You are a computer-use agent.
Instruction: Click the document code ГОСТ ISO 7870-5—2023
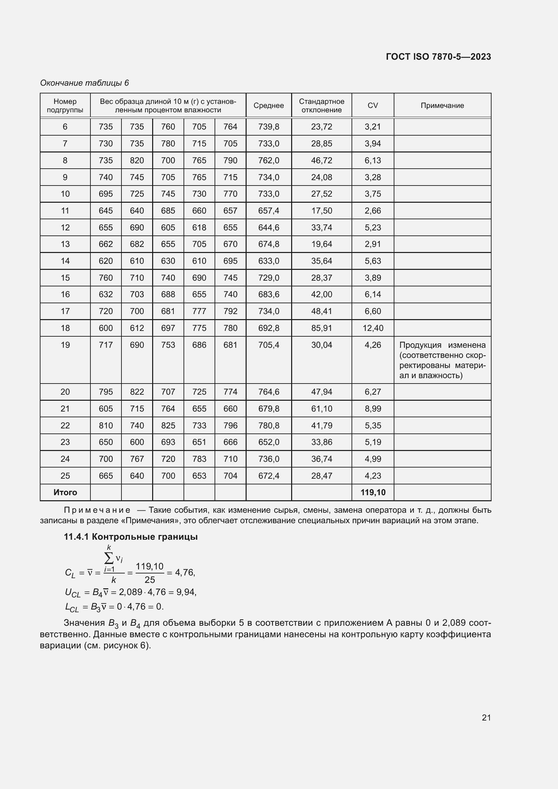438,57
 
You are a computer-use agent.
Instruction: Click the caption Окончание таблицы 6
84,83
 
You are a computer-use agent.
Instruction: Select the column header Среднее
268,106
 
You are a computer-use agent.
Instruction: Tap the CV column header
372,106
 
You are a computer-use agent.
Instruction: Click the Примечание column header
442,106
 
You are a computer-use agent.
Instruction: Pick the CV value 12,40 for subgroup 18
372,328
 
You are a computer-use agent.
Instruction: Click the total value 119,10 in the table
372,492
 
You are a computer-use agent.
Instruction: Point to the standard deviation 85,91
321,328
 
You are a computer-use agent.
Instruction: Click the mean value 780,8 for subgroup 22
268,425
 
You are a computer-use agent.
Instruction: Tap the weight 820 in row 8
137,161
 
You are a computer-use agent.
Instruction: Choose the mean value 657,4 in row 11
268,210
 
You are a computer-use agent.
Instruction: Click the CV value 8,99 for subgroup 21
372,408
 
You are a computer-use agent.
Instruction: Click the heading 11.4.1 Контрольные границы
131,537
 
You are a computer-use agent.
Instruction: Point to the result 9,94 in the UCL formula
185,592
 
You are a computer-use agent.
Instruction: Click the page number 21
486,717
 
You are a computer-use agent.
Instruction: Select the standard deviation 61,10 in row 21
321,408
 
